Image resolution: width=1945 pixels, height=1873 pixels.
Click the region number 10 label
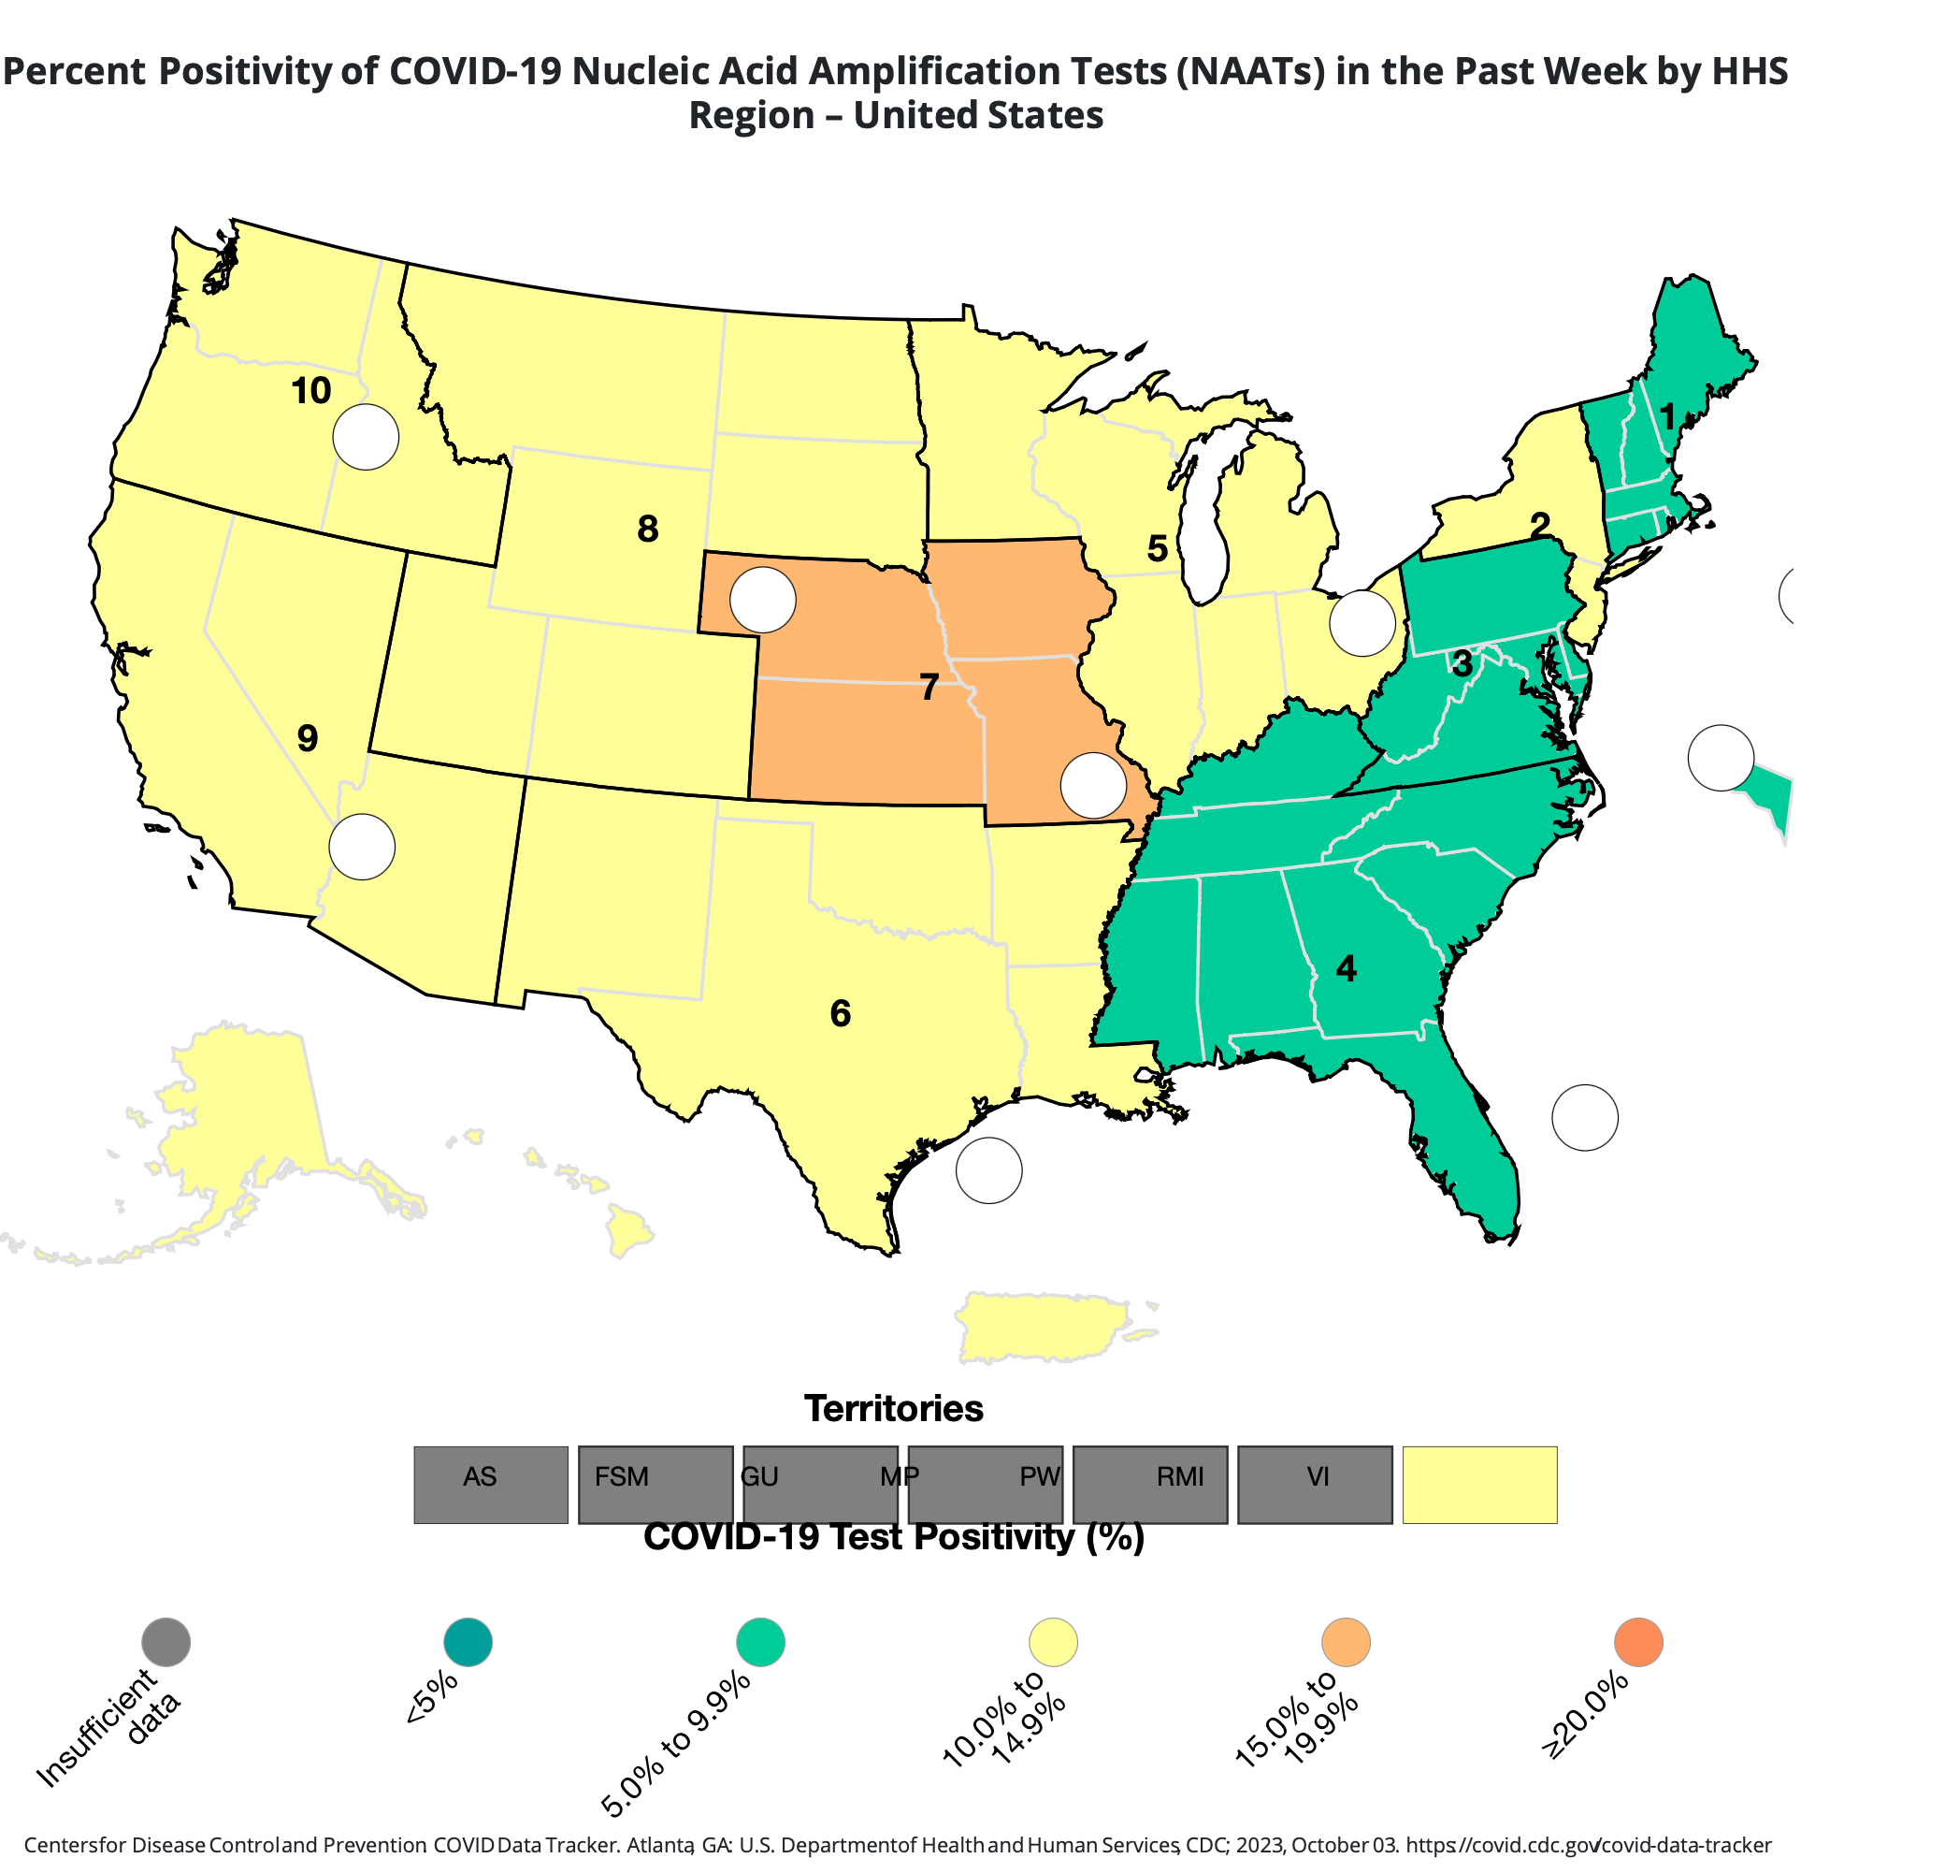pyautogui.click(x=310, y=392)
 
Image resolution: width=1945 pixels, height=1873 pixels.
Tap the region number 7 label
pyautogui.click(x=929, y=688)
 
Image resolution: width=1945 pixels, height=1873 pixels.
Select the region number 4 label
pyautogui.click(x=1346, y=968)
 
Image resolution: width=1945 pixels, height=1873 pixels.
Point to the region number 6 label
pyautogui.click(x=841, y=1013)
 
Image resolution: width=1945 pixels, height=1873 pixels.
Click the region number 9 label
pyautogui.click(x=308, y=738)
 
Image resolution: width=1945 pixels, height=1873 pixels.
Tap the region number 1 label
pyautogui.click(x=1668, y=418)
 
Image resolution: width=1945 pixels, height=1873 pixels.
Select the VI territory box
pyautogui.click(x=1315, y=1485)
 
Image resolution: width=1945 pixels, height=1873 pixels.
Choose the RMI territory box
pyautogui.click(x=1150, y=1485)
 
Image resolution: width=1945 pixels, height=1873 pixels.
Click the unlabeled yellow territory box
pyautogui.click(x=1479, y=1485)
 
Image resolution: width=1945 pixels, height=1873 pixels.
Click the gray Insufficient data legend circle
pyautogui.click(x=166, y=1642)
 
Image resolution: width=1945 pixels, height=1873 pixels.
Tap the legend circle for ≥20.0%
pyautogui.click(x=1638, y=1642)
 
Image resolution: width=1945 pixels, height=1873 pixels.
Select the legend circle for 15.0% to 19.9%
pyautogui.click(x=1346, y=1642)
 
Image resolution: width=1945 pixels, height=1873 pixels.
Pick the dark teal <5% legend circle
pyautogui.click(x=468, y=1642)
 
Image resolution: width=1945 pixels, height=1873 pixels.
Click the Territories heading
pyautogui.click(x=893, y=1408)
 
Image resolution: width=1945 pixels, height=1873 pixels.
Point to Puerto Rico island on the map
pyautogui.click(x=1042, y=1326)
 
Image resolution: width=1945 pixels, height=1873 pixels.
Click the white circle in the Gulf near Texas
pyautogui.click(x=988, y=1170)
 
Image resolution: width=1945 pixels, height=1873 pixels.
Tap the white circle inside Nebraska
pyautogui.click(x=763, y=600)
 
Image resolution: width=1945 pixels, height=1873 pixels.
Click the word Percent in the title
pyautogui.click(x=75, y=71)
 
